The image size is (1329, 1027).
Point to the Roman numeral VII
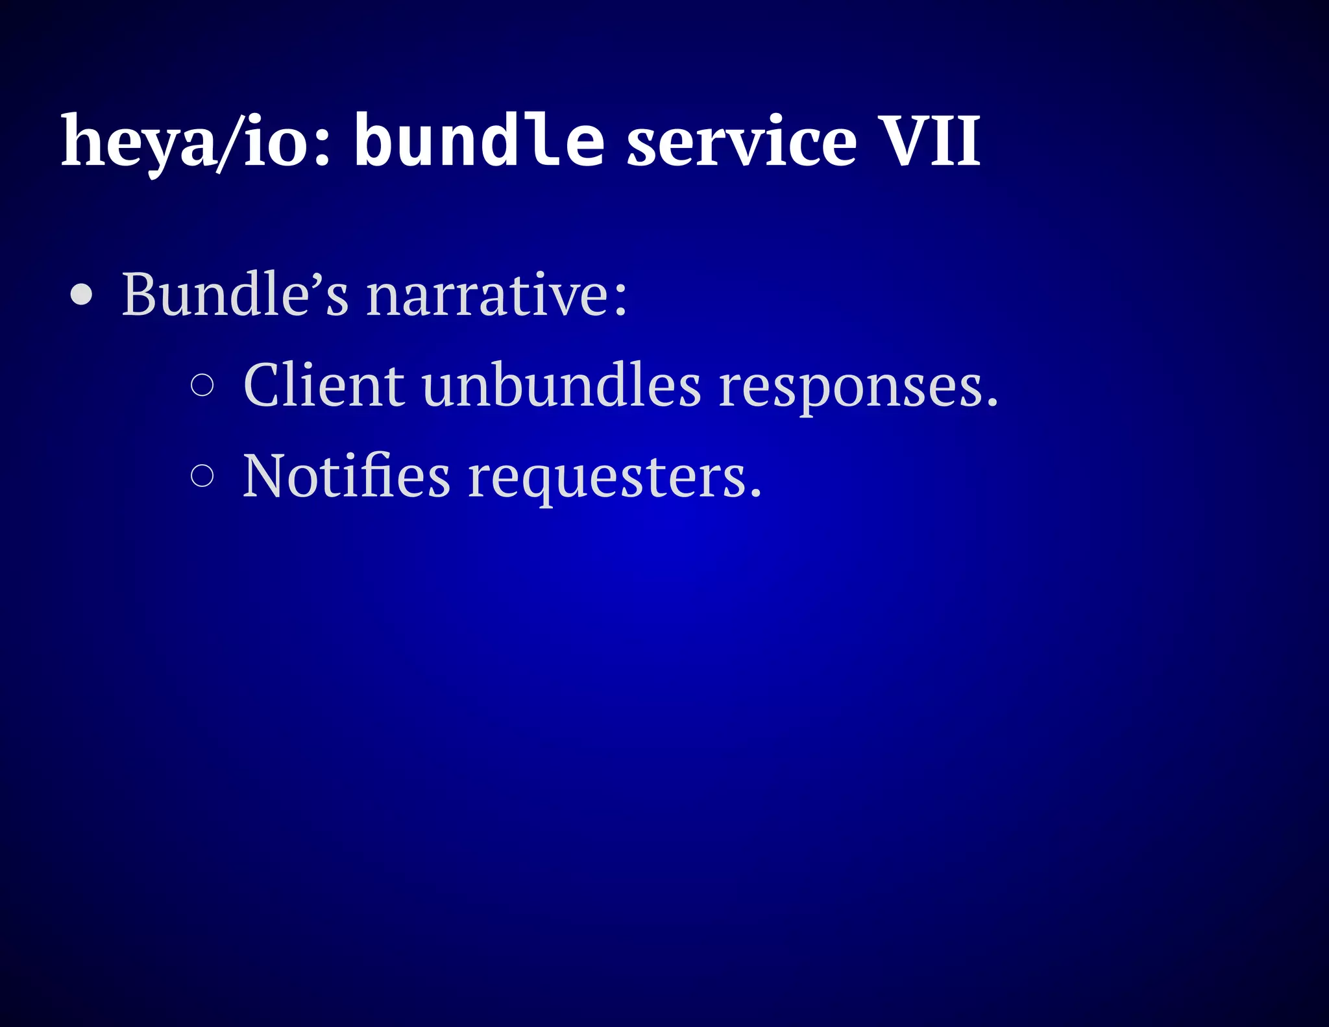tap(933, 142)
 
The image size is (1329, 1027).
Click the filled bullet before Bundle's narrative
tap(82, 295)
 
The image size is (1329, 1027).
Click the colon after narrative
tap(620, 299)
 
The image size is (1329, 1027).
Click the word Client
tap(324, 385)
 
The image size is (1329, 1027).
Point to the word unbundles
tap(561, 385)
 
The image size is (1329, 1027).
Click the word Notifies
tap(346, 476)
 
